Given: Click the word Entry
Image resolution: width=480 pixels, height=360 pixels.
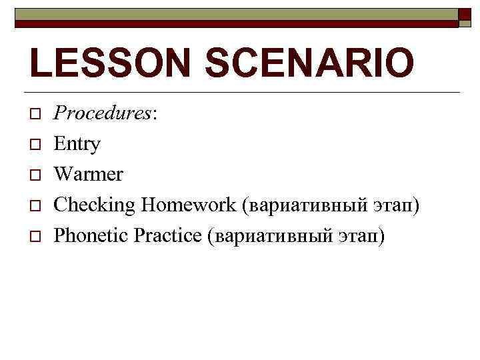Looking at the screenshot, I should [x=77, y=144].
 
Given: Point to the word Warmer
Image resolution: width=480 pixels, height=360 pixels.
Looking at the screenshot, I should [x=88, y=174].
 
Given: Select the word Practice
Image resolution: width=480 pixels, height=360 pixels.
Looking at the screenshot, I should [x=169, y=235].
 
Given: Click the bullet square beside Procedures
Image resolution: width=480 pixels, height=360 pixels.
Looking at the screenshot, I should [x=34, y=114].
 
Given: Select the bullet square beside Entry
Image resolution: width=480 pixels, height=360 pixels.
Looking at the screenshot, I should [x=34, y=145].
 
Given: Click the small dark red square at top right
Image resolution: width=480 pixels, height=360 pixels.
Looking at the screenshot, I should [x=465, y=16].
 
